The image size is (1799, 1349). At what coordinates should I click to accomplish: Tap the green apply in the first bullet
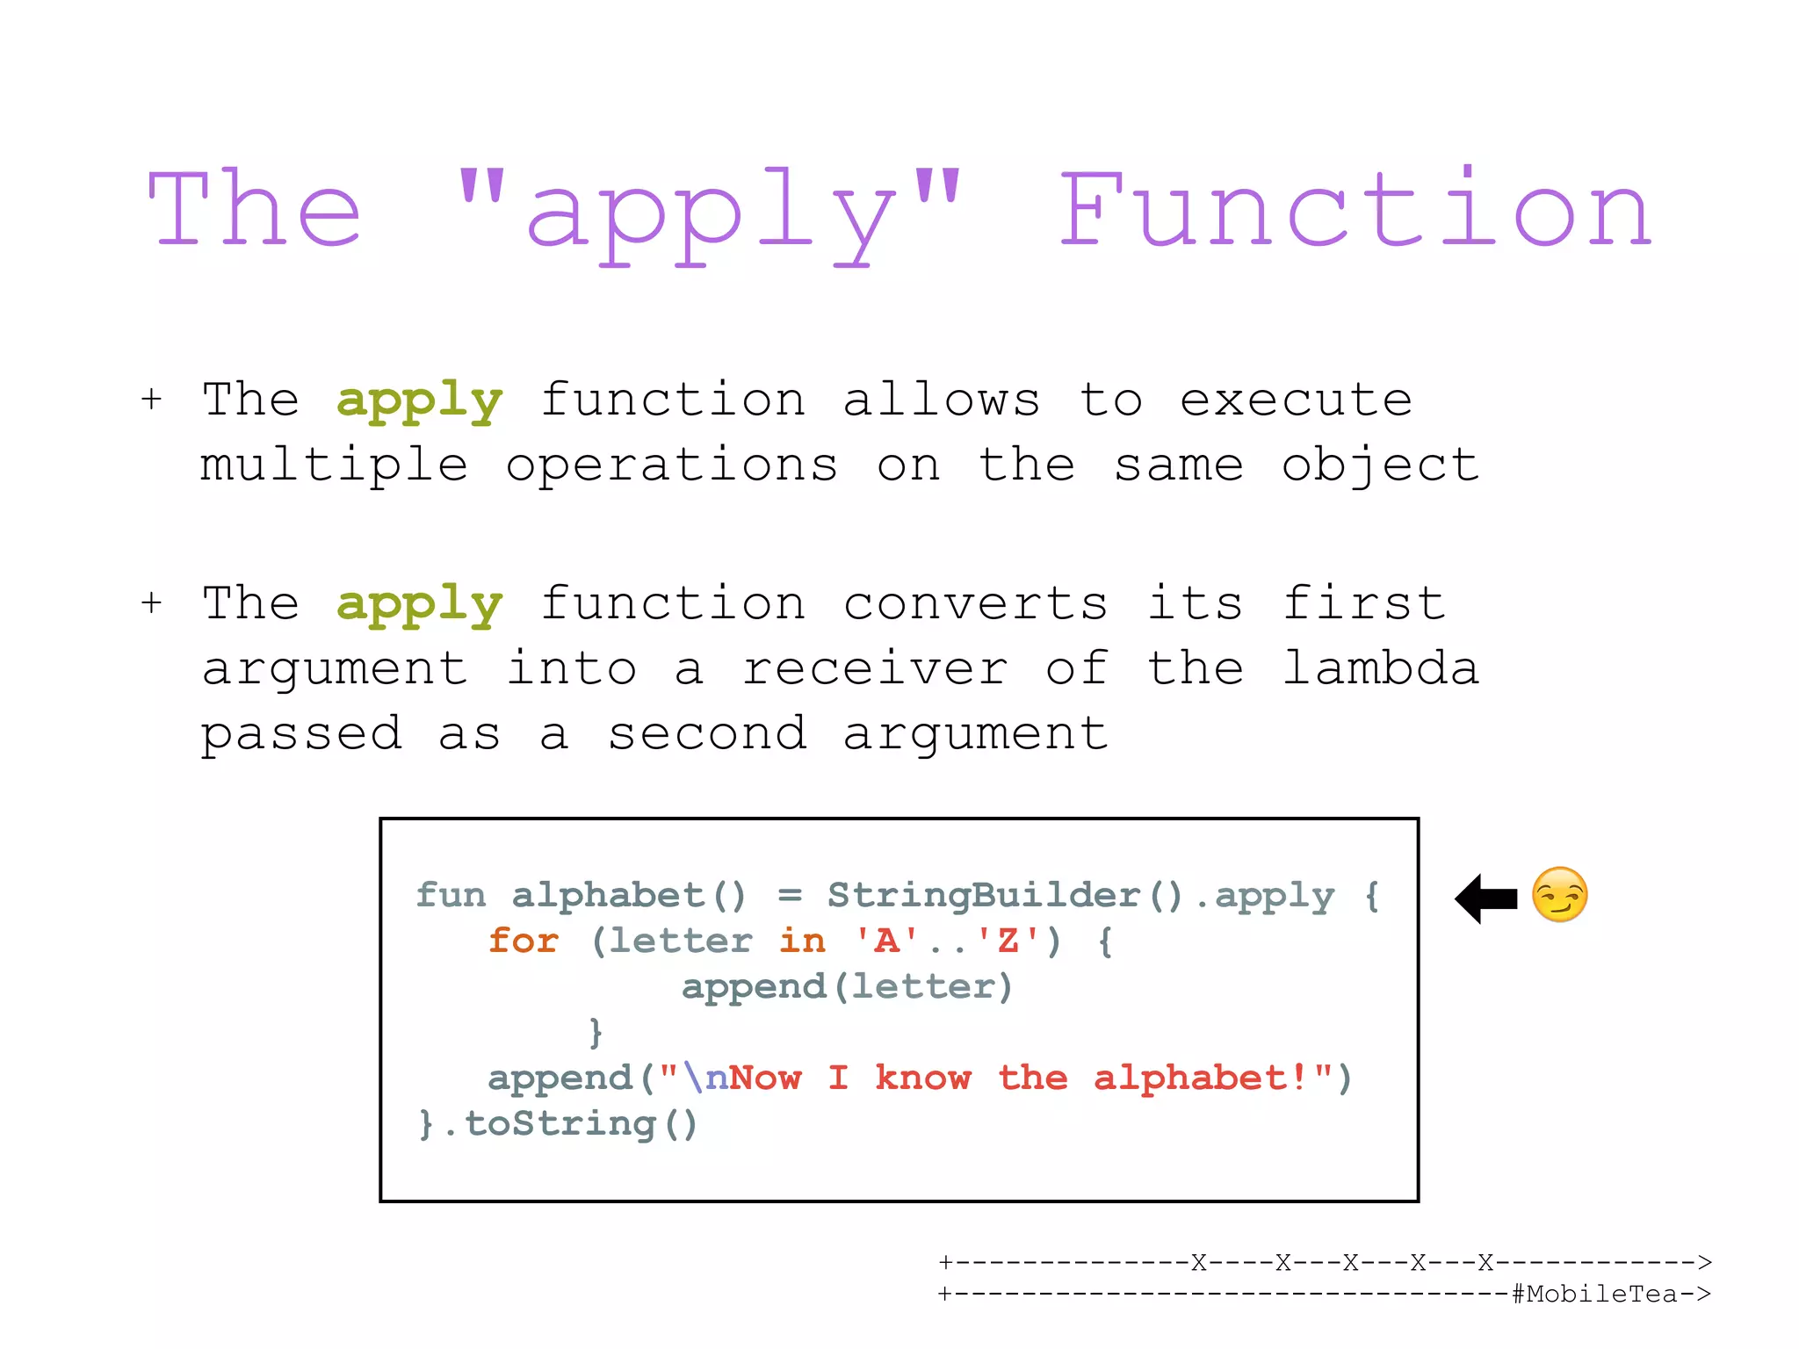click(419, 402)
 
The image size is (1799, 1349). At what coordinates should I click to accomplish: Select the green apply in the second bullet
click(419, 605)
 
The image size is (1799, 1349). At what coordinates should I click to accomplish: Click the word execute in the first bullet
click(1296, 400)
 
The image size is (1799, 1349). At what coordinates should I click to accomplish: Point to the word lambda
click(1381, 668)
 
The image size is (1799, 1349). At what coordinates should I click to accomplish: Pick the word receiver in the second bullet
click(875, 669)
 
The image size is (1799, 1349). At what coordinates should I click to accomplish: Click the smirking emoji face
click(1559, 895)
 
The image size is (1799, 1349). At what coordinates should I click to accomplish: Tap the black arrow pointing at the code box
click(1486, 898)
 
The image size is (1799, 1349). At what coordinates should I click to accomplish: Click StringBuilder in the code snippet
click(983, 895)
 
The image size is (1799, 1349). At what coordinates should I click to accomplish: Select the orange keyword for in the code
click(524, 941)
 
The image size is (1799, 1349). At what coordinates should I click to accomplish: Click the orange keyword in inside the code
click(802, 941)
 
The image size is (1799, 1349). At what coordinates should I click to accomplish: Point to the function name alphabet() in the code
click(629, 895)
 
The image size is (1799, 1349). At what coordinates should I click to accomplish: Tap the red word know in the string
click(923, 1078)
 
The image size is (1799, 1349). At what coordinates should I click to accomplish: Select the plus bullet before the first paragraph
click(151, 400)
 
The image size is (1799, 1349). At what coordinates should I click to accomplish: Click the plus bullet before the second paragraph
click(151, 603)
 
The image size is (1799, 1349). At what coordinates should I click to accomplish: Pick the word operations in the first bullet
click(672, 465)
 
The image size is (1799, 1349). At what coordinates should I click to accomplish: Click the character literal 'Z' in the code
click(1008, 941)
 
